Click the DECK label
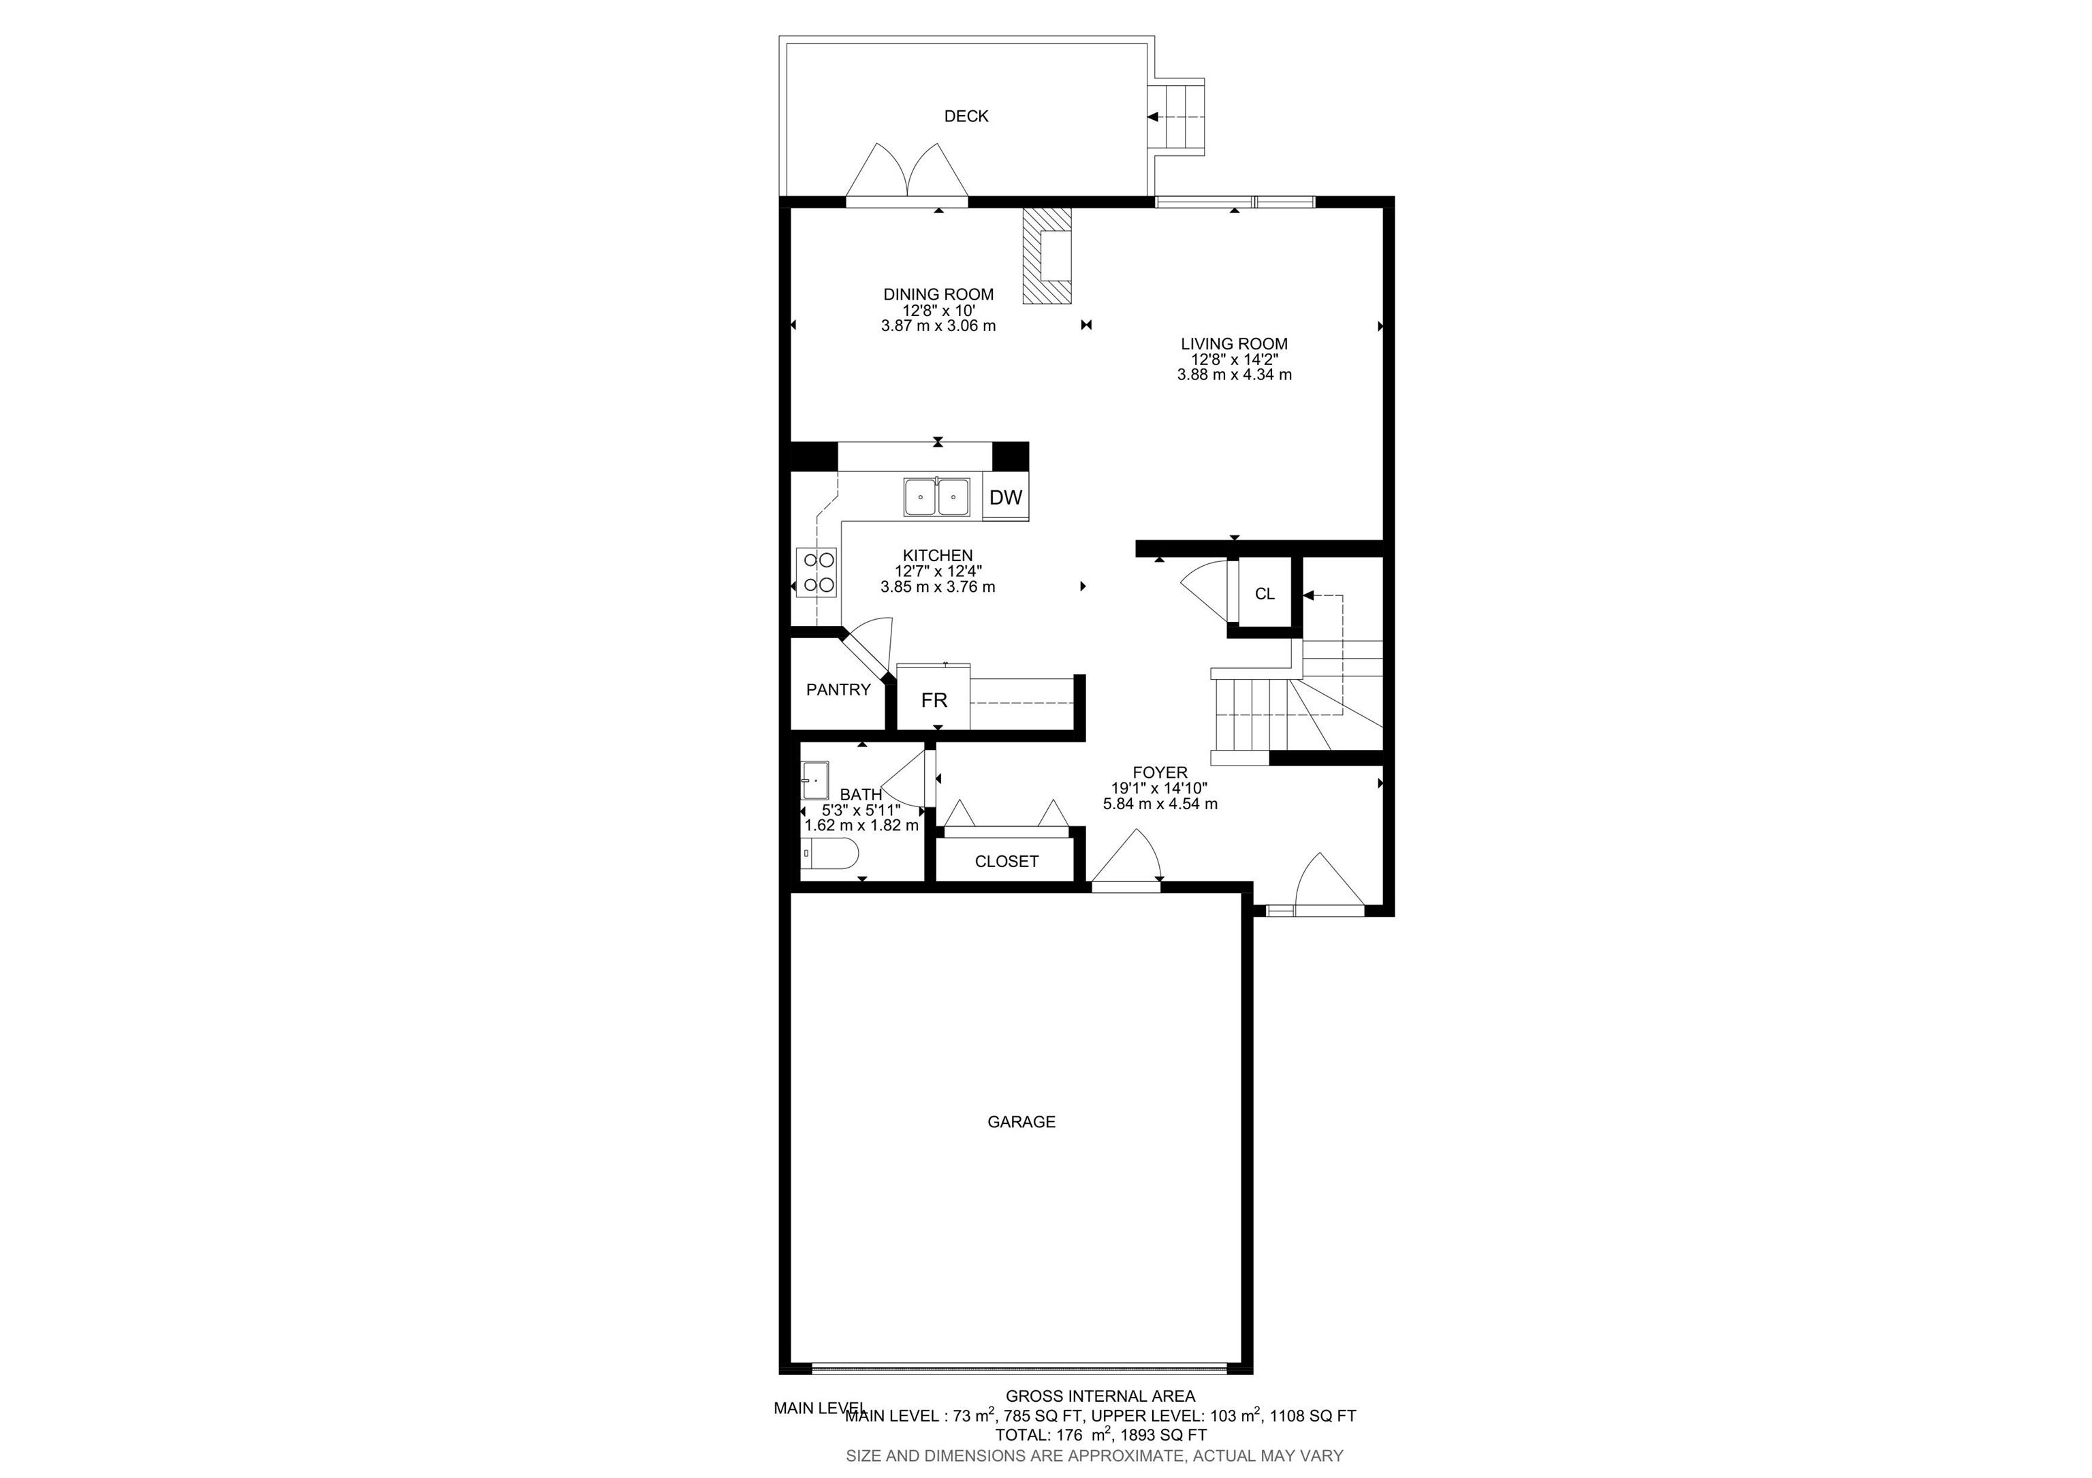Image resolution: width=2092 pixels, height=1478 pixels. click(966, 116)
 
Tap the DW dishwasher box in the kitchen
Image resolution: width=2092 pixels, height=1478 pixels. click(1006, 497)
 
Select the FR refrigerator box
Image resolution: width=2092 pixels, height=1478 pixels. click(934, 699)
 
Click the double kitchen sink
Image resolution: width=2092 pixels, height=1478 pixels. click(936, 497)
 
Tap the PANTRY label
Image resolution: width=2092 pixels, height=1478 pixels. click(838, 690)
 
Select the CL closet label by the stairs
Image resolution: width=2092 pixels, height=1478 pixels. click(1265, 594)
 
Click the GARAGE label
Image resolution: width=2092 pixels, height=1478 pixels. click(1021, 1122)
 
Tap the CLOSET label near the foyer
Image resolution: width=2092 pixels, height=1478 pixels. click(1006, 861)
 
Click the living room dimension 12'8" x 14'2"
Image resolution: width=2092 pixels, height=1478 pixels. click(1234, 359)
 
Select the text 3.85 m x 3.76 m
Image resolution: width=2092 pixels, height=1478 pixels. click(938, 587)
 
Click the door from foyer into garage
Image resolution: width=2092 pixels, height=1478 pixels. click(1126, 861)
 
